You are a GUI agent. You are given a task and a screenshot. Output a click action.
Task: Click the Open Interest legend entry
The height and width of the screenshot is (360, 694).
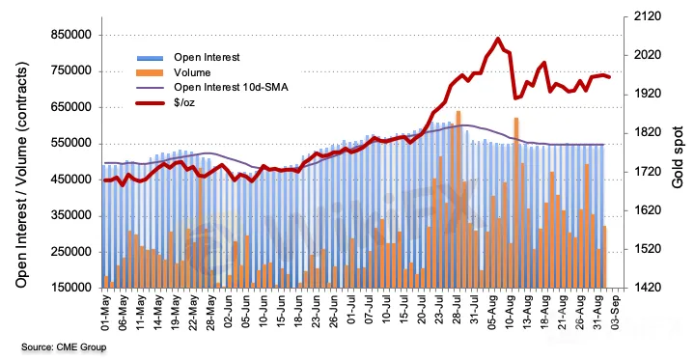[x=207, y=57]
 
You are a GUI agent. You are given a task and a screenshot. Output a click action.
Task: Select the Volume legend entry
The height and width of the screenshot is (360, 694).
[x=192, y=72]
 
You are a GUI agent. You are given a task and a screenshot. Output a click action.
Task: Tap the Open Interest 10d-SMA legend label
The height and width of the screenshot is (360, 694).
[x=231, y=87]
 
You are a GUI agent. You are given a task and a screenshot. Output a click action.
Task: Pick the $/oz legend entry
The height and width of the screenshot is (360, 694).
[x=184, y=102]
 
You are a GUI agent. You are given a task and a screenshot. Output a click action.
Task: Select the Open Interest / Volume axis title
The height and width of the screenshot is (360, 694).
[x=22, y=175]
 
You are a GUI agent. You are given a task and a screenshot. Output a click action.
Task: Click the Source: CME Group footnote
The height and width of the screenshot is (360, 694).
[x=64, y=346]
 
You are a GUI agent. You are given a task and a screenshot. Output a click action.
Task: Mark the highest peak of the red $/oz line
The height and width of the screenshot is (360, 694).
[x=498, y=39]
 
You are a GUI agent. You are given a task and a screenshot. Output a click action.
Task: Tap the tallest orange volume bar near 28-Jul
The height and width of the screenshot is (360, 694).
[x=458, y=199]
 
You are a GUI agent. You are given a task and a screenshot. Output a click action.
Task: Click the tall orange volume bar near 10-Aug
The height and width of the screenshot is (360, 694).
[x=516, y=203]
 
